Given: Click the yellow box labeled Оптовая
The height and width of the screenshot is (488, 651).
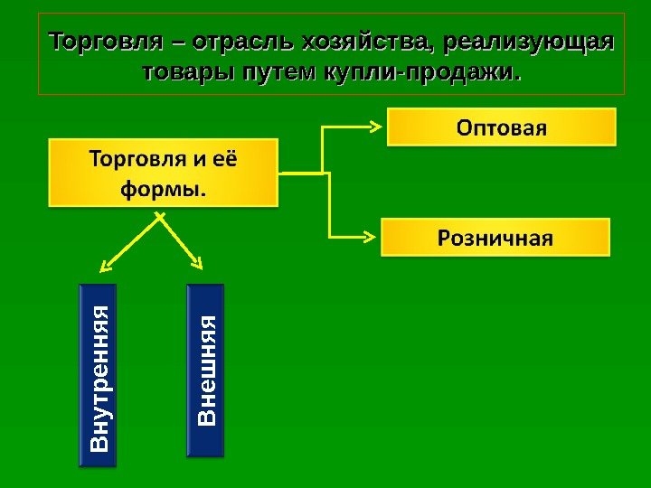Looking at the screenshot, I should pyautogui.click(x=502, y=127).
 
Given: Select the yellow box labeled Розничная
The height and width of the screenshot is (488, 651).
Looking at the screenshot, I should pyautogui.click(x=495, y=239).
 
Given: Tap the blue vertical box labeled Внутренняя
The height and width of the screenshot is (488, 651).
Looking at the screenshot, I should pyautogui.click(x=99, y=376).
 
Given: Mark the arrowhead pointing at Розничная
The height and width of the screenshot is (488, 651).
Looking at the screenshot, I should pyautogui.click(x=373, y=234).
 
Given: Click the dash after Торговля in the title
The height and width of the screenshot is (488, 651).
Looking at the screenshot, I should pyautogui.click(x=177, y=43).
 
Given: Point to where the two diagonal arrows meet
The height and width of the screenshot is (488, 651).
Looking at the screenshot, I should pyautogui.click(x=159, y=214).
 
